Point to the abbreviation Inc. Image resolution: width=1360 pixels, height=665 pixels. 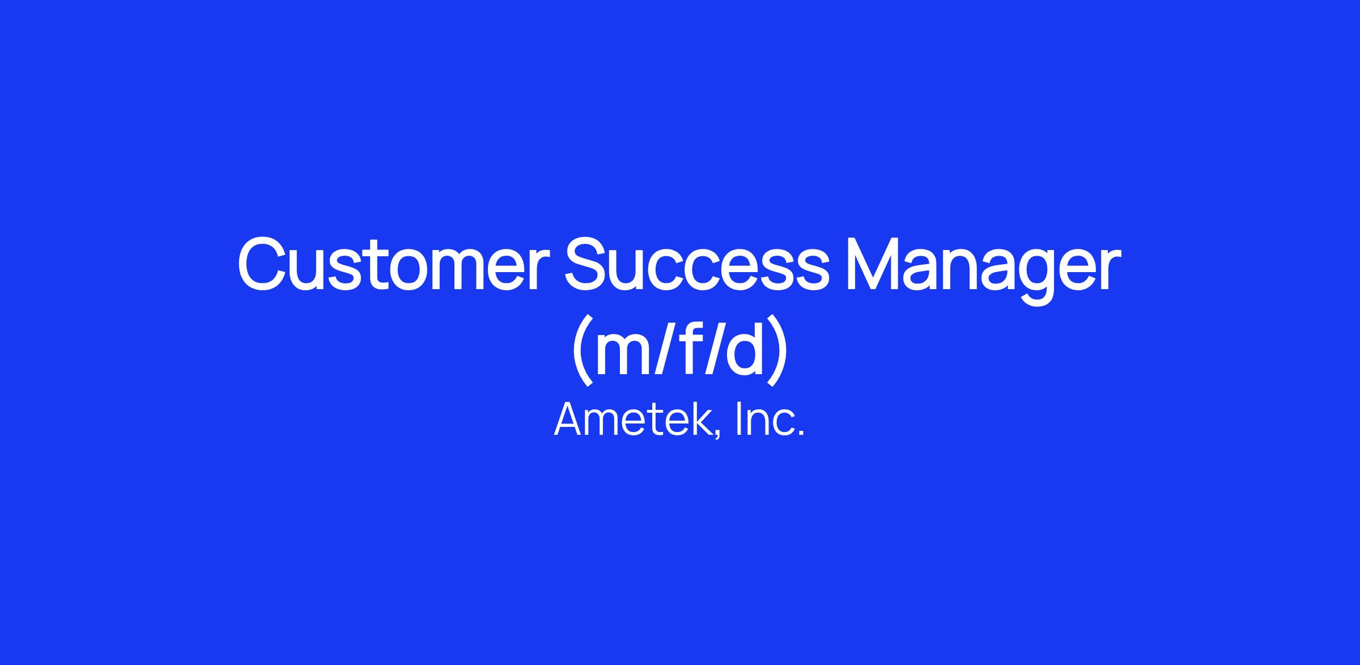pos(770,419)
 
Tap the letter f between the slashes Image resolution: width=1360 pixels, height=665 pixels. pos(687,348)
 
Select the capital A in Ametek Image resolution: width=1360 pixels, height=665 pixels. pos(569,419)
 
